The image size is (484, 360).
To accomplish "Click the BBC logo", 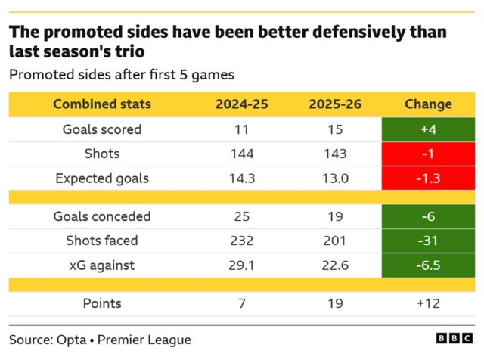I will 456,340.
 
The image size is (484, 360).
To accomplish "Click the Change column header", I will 428,104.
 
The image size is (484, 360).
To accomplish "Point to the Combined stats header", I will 101,104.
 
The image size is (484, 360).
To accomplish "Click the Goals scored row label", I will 101,129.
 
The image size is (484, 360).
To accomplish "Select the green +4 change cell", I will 428,129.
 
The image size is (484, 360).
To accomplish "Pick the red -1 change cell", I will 428,154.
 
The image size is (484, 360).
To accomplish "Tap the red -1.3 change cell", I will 428,178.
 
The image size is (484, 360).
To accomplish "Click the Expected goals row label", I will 101,178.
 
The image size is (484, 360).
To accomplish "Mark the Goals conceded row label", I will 101,216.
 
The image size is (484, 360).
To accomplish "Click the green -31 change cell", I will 428,241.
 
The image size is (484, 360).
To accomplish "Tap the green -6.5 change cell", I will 428,265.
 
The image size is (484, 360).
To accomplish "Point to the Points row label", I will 101,303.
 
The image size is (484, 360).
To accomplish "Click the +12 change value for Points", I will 428,303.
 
